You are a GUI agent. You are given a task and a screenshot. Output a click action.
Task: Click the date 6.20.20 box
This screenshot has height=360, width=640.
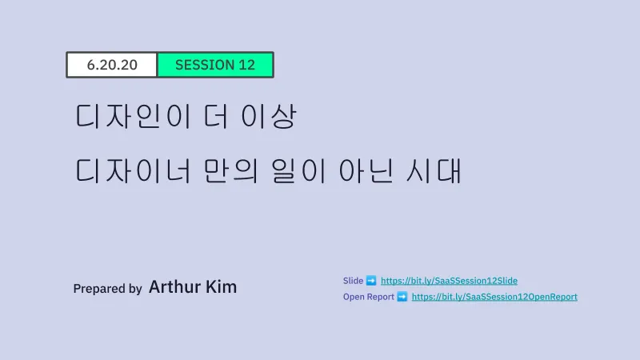point(112,65)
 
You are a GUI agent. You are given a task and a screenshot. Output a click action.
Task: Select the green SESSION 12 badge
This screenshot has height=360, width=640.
point(215,65)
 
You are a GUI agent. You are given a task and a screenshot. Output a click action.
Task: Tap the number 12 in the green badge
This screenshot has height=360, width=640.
point(246,65)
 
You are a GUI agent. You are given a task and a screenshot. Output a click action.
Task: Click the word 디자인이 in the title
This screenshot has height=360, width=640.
point(134,116)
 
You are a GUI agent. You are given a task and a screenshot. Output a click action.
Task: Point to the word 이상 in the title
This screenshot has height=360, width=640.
point(268,116)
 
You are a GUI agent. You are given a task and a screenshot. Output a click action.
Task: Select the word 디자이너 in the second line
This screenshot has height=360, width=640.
point(134,170)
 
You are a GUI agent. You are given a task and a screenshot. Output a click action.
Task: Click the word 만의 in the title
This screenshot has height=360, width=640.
point(230,170)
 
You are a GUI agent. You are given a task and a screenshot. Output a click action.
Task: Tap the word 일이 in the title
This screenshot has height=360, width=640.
point(298,170)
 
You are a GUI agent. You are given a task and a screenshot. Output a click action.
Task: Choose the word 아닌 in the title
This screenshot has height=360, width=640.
point(366,170)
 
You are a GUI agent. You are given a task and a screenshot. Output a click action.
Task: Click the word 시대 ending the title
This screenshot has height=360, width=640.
point(434,170)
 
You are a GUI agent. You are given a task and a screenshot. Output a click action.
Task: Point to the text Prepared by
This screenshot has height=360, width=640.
point(108,289)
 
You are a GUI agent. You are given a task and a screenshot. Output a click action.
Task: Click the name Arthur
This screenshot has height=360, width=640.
point(174,286)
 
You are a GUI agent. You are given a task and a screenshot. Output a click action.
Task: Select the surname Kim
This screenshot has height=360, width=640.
point(222,286)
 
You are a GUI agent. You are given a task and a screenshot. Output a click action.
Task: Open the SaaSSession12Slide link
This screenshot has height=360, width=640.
point(449,281)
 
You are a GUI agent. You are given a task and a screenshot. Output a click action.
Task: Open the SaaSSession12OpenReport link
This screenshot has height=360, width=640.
point(494,297)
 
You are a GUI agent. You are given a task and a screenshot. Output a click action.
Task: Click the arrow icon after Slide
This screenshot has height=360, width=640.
point(371,281)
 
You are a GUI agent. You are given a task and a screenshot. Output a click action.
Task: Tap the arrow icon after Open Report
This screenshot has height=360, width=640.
point(402,297)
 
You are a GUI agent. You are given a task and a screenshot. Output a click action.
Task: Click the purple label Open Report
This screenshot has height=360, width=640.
point(369,297)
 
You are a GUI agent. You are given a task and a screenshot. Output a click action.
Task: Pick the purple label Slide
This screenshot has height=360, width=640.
point(353,281)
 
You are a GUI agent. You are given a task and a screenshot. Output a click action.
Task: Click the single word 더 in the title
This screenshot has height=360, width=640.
point(216,116)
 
